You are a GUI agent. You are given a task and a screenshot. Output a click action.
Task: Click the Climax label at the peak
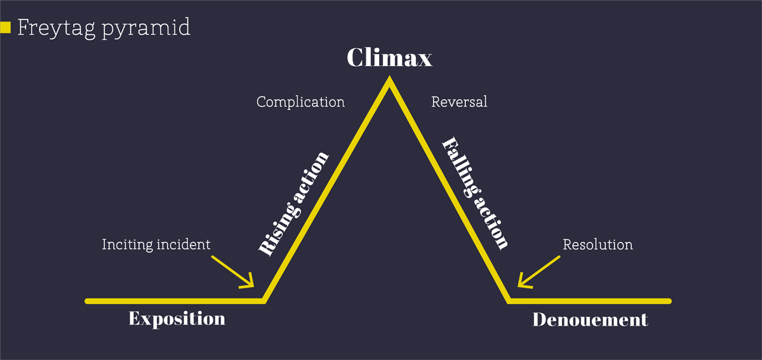pyautogui.click(x=389, y=58)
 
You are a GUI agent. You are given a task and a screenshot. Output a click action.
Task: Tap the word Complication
pyautogui.click(x=300, y=102)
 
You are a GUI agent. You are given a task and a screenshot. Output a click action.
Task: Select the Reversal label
pyautogui.click(x=459, y=102)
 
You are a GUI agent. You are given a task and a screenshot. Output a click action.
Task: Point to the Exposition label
pyautogui.click(x=177, y=318)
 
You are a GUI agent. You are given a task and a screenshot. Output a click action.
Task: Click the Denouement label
pyautogui.click(x=590, y=319)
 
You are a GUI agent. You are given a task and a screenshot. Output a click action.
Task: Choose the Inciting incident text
pyautogui.click(x=156, y=244)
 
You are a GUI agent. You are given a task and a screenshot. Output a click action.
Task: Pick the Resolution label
pyautogui.click(x=598, y=244)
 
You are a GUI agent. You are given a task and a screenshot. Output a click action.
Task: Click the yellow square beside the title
pyautogui.click(x=6, y=27)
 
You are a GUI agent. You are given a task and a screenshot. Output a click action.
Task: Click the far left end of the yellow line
pyautogui.click(x=88, y=300)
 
